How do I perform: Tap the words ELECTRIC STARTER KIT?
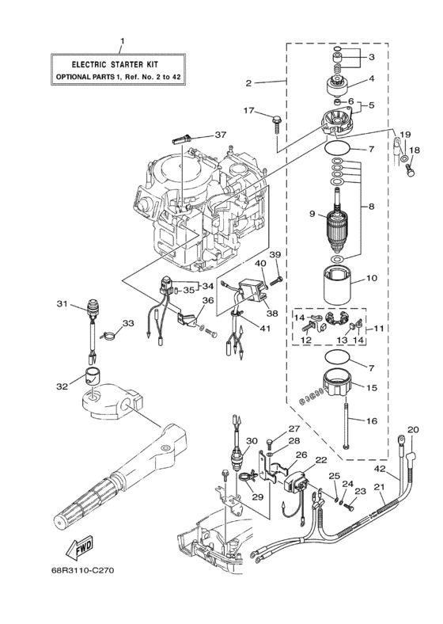[121, 64]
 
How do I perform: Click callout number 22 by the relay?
[321, 459]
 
